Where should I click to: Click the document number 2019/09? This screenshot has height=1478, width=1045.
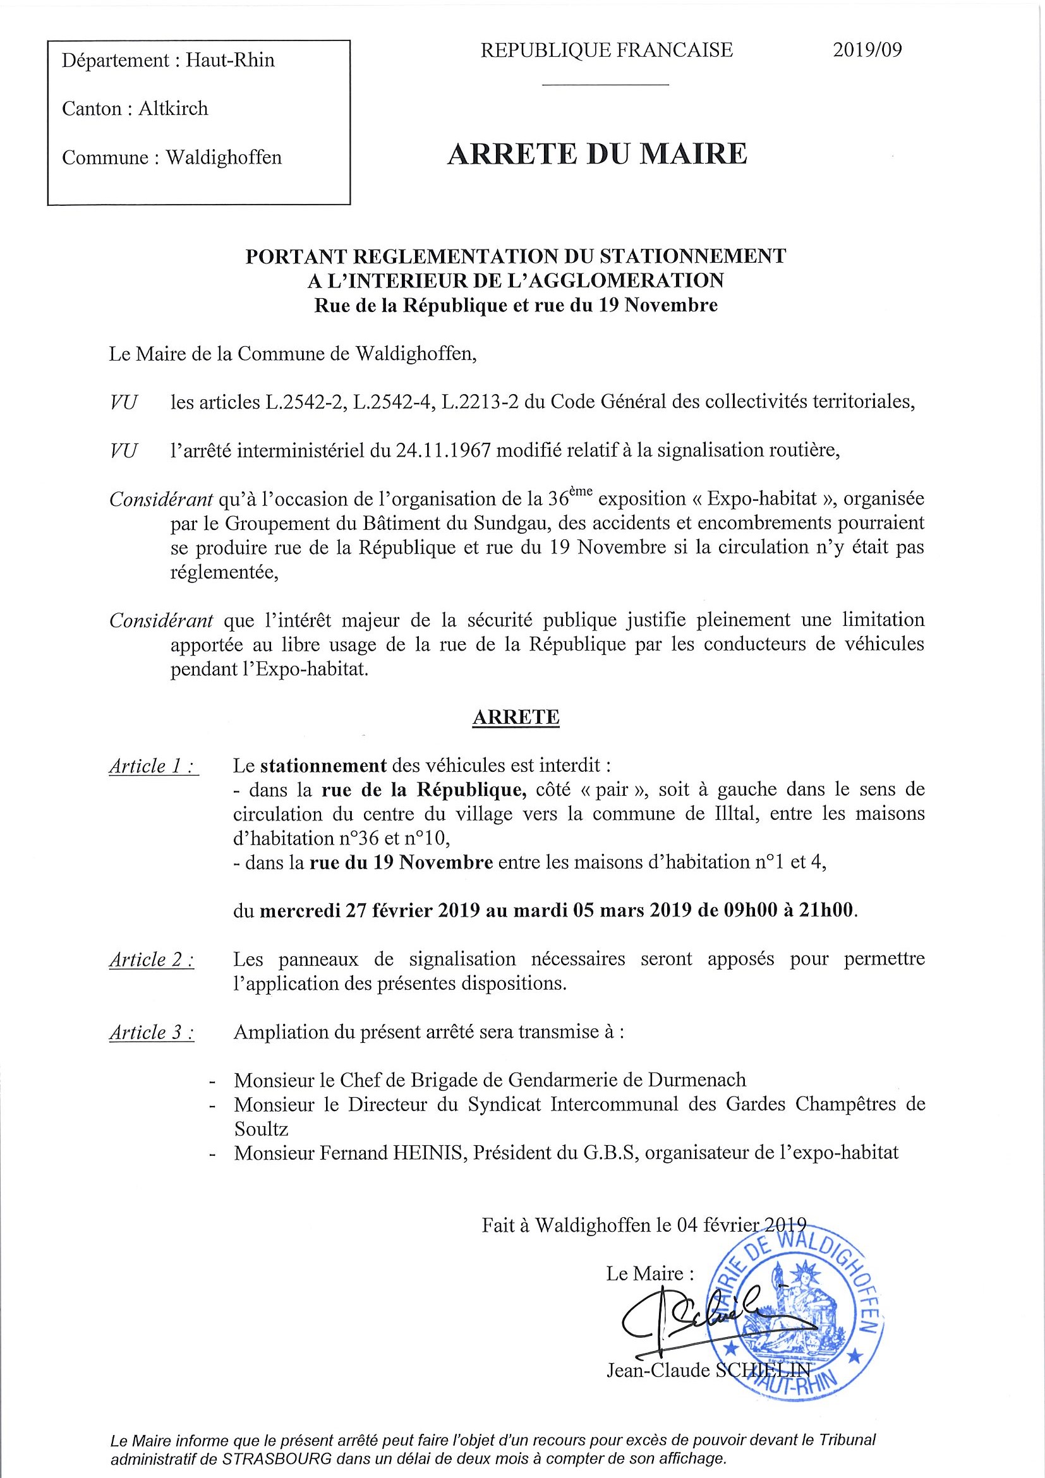pos(867,50)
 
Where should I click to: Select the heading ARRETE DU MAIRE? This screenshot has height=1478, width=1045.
pos(597,155)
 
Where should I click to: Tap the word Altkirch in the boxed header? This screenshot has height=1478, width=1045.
pos(173,108)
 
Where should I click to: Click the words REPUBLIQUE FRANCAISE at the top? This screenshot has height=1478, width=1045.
pos(607,50)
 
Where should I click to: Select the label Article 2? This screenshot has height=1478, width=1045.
pos(152,960)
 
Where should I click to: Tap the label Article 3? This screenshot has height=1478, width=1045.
pos(152,1033)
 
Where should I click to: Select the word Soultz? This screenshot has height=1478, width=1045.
pos(261,1129)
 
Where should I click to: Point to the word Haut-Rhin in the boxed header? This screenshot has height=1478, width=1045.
pos(230,61)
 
